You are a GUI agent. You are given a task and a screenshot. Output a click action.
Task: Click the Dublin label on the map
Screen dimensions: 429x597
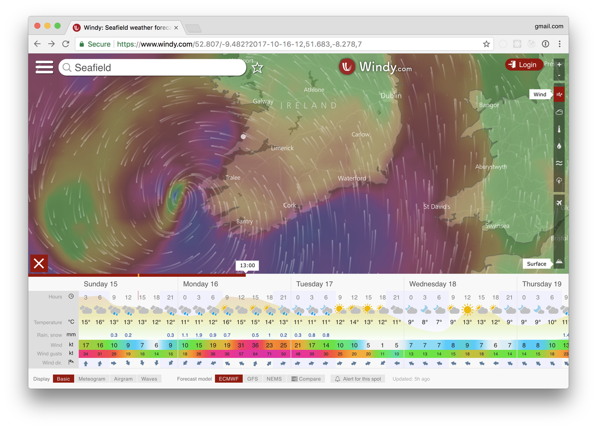pos(391,95)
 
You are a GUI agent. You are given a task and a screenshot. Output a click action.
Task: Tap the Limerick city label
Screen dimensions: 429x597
pos(282,148)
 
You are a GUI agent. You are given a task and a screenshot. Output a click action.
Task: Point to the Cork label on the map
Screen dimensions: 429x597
pos(290,205)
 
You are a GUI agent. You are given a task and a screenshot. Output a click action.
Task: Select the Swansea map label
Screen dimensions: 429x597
pos(497,226)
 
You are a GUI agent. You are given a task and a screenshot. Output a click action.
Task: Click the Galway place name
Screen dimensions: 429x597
pos(263,101)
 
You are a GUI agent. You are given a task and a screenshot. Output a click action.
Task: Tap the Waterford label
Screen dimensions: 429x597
pos(352,178)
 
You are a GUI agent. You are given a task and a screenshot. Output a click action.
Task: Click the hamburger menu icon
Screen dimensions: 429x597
pos(44,68)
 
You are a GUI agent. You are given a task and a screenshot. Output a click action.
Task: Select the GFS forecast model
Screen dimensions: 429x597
pos(253,379)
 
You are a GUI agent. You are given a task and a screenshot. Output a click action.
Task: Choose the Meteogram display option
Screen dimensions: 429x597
pos(92,379)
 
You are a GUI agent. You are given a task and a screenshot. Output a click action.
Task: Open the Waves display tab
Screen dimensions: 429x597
pos(149,379)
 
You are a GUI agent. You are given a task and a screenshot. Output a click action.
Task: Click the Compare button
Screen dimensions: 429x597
pos(306,379)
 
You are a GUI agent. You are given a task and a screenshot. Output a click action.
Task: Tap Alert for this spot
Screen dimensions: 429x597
pos(358,379)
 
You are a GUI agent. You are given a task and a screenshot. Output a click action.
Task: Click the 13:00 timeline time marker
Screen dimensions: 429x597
pos(247,265)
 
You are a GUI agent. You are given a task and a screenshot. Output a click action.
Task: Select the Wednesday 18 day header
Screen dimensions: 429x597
pos(432,284)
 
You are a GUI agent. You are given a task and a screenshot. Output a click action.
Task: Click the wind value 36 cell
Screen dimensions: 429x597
pos(255,345)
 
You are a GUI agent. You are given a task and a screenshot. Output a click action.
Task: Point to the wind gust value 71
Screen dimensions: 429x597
pos(269,353)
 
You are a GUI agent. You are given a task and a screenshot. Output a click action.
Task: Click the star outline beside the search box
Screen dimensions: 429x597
pos(257,68)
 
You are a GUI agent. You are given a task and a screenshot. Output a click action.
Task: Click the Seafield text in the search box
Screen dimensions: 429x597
pos(93,68)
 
